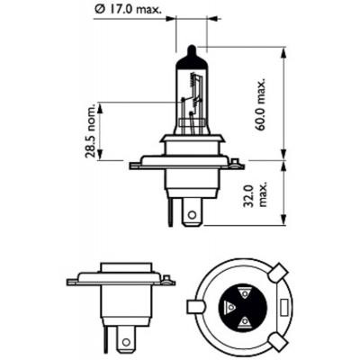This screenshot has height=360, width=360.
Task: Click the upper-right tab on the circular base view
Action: coord(276,271)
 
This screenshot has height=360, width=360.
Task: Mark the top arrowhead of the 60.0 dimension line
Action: coord(287,47)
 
